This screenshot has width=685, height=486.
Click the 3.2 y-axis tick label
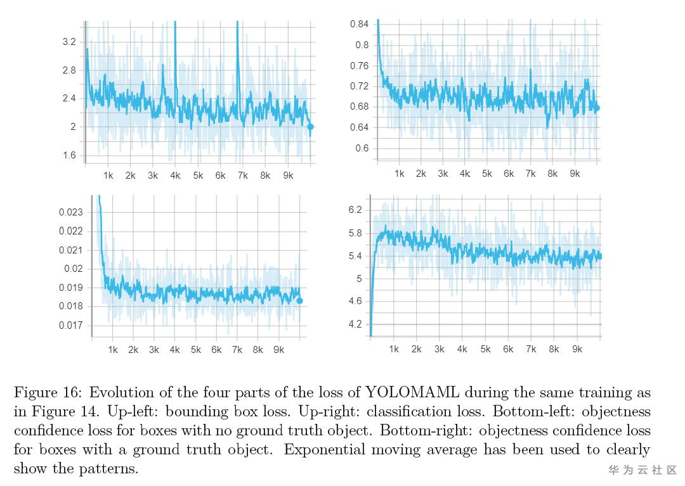pos(69,42)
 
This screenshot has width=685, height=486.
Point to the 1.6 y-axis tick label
pos(69,155)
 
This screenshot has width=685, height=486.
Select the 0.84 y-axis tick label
pos(359,24)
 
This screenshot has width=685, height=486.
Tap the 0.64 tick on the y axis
pos(359,127)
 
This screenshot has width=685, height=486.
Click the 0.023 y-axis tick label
pos(70,212)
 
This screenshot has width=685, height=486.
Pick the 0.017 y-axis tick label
pos(70,326)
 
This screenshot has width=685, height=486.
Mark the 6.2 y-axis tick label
pos(355,210)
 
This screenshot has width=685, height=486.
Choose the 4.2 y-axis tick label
pos(355,324)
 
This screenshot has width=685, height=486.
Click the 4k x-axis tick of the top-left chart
pos(175,176)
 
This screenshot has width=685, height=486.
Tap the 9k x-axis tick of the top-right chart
pos(575,174)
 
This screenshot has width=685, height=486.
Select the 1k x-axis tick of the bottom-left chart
pos(113,350)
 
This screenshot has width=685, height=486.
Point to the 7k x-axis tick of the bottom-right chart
pos(531,349)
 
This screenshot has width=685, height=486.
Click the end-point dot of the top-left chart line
pos(310,127)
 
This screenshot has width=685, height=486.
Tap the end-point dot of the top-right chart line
pos(596,108)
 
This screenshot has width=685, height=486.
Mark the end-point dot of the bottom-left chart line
pos(300,301)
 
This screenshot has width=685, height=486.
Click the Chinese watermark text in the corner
pos(643,470)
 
